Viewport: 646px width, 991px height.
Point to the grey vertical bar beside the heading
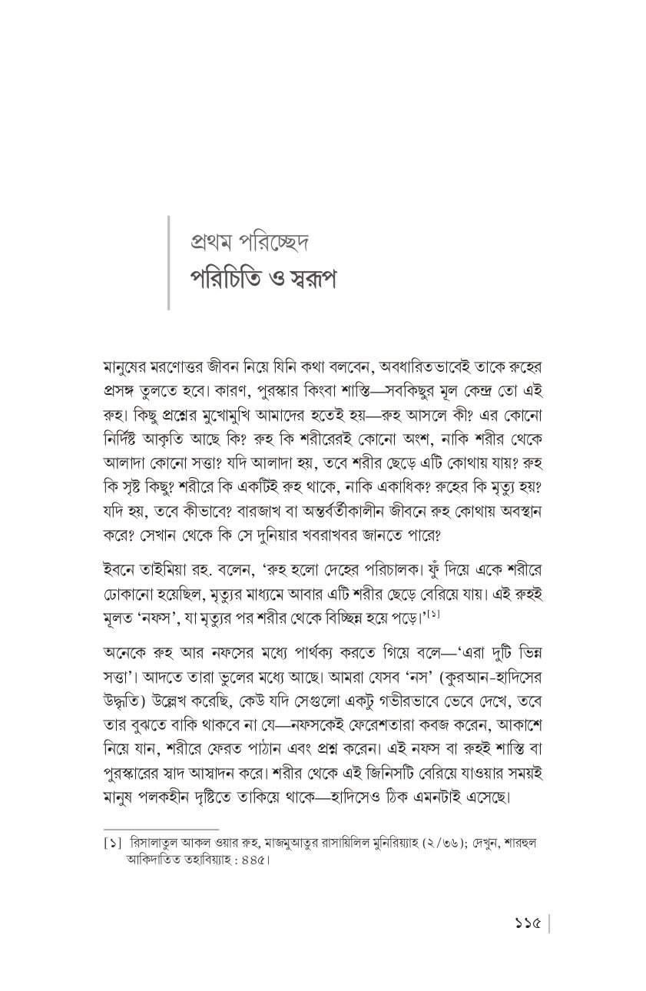pos(168,261)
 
